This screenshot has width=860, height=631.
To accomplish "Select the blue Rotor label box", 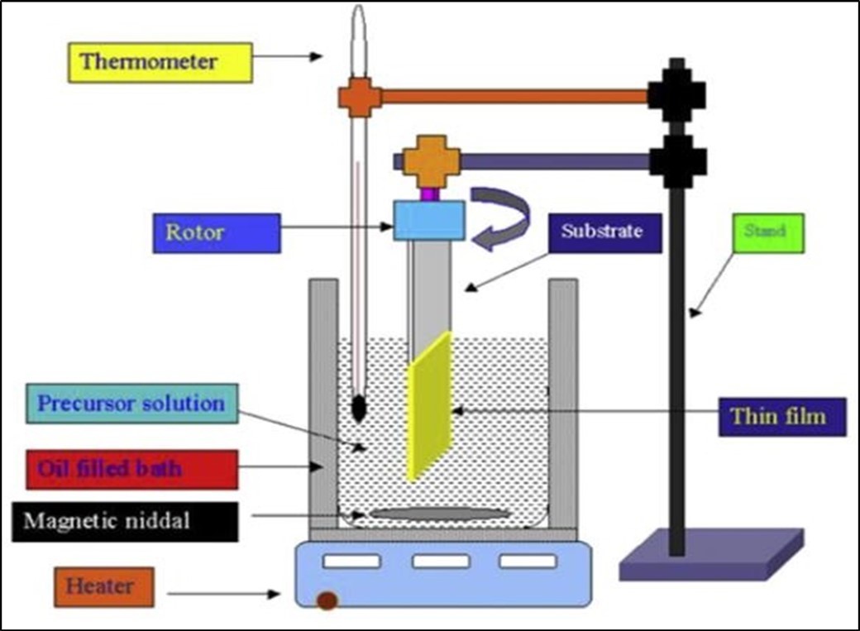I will tap(217, 233).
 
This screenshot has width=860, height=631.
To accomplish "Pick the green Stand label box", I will tap(767, 232).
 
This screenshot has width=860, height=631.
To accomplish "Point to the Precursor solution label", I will tap(131, 404).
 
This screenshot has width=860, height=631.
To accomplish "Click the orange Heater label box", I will tap(99, 586).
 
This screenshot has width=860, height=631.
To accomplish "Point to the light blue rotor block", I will tap(428, 221).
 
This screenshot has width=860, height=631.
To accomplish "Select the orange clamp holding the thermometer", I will tap(360, 98).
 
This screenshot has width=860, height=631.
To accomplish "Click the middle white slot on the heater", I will tap(440, 562).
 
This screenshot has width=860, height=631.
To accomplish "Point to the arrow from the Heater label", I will tap(223, 593).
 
